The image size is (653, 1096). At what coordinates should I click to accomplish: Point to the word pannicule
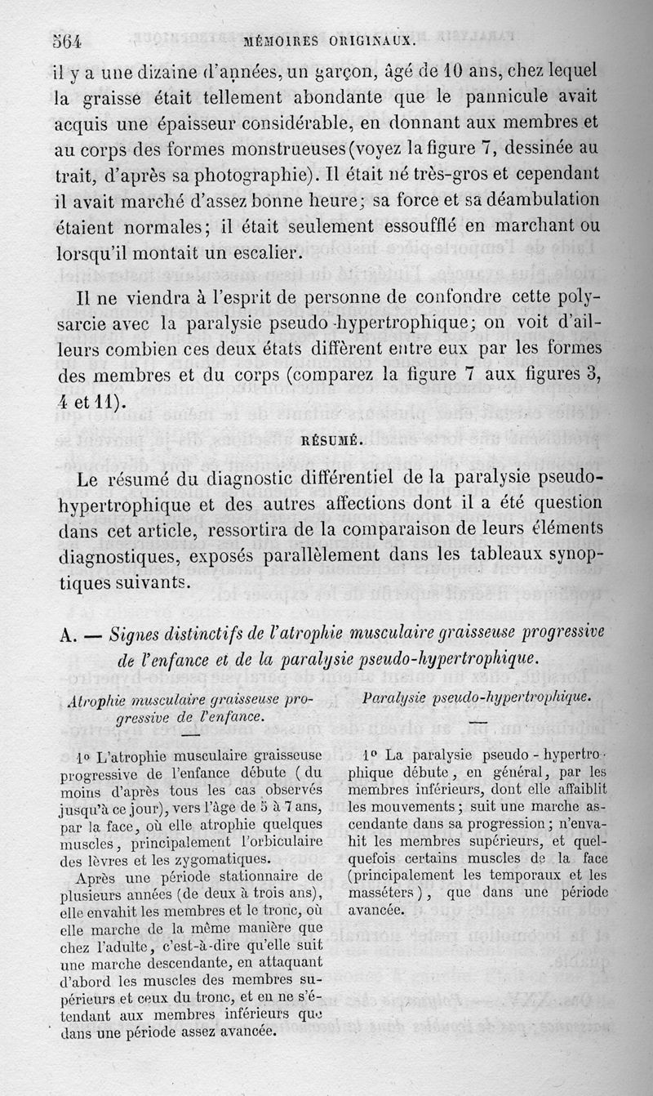point(489,96)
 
